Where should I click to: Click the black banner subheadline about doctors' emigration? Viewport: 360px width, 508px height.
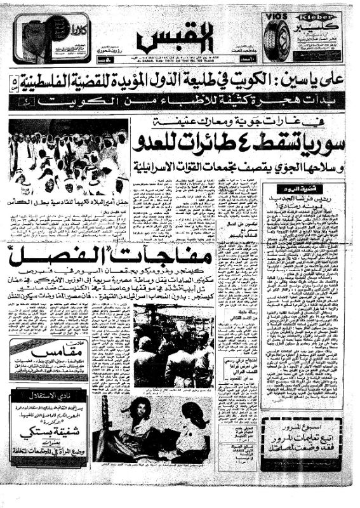(x=181, y=102)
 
